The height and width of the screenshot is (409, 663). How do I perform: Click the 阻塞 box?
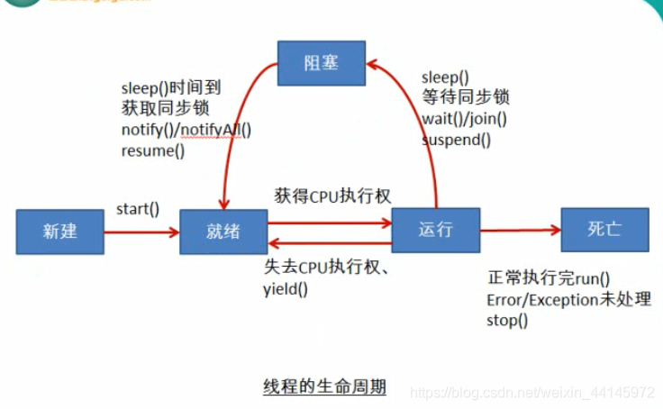[322, 62]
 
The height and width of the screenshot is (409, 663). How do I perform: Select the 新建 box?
[59, 231]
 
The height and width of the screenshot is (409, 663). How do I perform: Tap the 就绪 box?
[223, 232]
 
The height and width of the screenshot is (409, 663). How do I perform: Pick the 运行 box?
[436, 229]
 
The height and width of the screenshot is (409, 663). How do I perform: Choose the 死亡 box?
[604, 229]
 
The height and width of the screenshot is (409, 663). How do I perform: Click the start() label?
[138, 209]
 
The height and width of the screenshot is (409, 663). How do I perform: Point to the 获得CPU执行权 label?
[333, 195]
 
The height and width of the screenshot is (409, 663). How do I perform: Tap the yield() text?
[286, 289]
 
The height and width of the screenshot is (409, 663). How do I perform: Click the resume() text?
[152, 150]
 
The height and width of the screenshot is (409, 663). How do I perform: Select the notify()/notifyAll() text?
[186, 129]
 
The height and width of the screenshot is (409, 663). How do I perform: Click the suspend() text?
[457, 139]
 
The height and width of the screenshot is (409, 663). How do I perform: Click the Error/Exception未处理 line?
[568, 299]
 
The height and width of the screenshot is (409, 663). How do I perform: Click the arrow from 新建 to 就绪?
[141, 232]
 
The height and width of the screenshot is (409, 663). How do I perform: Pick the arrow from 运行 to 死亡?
[520, 231]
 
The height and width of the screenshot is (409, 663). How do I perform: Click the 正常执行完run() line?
[549, 278]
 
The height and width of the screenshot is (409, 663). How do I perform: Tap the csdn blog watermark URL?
[531, 393]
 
